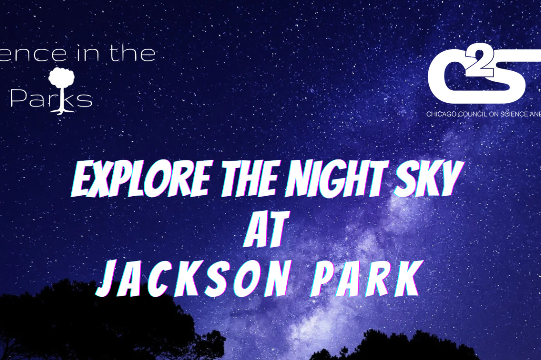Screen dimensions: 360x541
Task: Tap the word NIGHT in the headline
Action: click(x=329, y=183)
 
